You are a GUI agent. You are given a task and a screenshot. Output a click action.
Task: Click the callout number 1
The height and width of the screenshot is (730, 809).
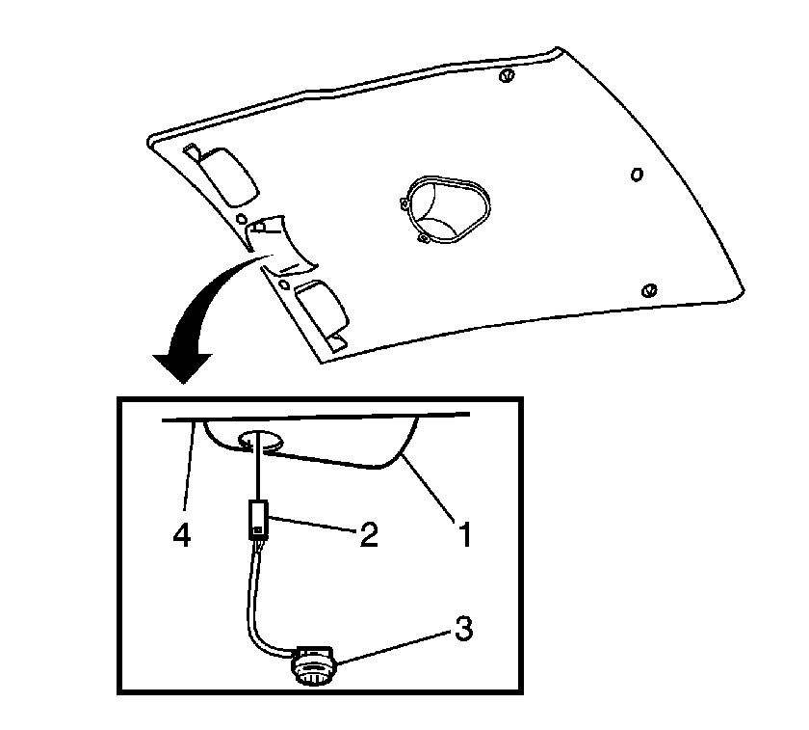click(465, 534)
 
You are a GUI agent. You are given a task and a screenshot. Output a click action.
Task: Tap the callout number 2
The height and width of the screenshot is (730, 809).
click(368, 533)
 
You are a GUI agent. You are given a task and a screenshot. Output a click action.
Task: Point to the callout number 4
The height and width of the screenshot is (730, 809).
click(182, 534)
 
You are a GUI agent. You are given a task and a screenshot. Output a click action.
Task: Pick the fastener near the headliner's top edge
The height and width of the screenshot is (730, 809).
click(507, 75)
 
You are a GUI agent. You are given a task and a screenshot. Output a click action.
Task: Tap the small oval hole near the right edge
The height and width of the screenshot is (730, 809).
click(638, 175)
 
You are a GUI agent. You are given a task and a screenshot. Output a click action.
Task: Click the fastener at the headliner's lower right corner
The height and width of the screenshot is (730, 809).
click(648, 291)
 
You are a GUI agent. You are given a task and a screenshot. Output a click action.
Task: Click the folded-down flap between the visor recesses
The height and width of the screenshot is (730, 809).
click(281, 245)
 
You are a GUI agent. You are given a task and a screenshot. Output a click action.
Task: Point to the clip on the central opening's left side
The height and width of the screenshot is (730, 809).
click(404, 204)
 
